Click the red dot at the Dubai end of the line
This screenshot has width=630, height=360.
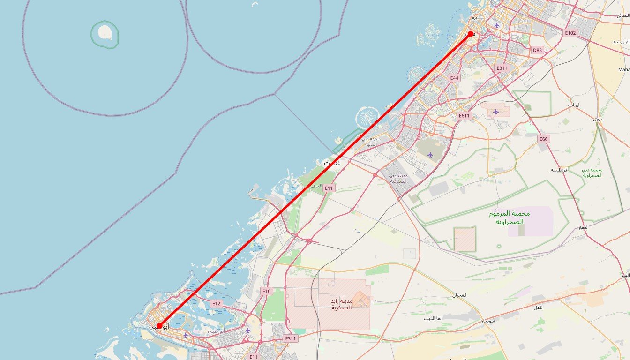[471, 34]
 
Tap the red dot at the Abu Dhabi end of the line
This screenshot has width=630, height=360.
[159, 326]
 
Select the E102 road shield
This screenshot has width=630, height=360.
[570, 33]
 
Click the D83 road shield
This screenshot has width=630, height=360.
[538, 50]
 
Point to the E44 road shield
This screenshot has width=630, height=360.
[454, 78]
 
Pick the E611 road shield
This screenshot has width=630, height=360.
[464, 116]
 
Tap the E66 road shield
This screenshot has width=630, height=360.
[543, 139]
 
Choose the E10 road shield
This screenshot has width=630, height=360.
[266, 291]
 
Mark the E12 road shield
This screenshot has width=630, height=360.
[216, 303]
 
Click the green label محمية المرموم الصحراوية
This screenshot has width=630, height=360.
[509, 217]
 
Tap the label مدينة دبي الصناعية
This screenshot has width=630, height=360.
[398, 178]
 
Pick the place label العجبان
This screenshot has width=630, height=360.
[459, 295]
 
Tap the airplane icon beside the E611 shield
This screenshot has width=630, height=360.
[496, 112]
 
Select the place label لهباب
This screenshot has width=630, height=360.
[574, 105]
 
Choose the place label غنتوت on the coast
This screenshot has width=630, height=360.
[332, 163]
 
